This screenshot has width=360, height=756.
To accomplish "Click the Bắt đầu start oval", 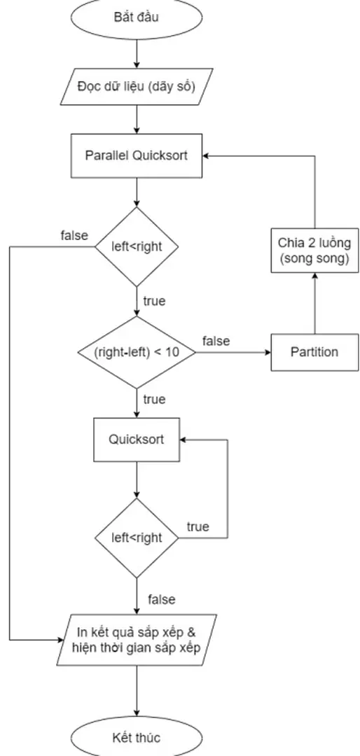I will point(137,17).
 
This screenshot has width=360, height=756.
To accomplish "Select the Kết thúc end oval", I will point(137,737).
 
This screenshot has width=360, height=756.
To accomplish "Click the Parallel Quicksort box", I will point(137,155).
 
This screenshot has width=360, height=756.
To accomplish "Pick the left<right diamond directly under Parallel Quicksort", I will point(137,246).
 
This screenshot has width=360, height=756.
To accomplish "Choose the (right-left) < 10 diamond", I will point(137,352).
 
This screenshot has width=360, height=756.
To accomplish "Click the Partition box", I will point(314,352).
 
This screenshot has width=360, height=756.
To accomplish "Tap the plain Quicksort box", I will point(137,440).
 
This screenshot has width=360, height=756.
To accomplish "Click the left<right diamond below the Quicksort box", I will point(137,538).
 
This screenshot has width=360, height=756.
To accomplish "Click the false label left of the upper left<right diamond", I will point(74,235).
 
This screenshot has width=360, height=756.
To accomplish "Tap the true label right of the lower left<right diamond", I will point(198,526).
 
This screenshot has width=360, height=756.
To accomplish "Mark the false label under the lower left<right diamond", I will point(161,599).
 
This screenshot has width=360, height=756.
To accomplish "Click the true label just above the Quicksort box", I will point(154,400).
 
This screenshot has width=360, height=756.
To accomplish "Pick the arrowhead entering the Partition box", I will point(266,352).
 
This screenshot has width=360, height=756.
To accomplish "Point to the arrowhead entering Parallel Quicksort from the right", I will point(207,155).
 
